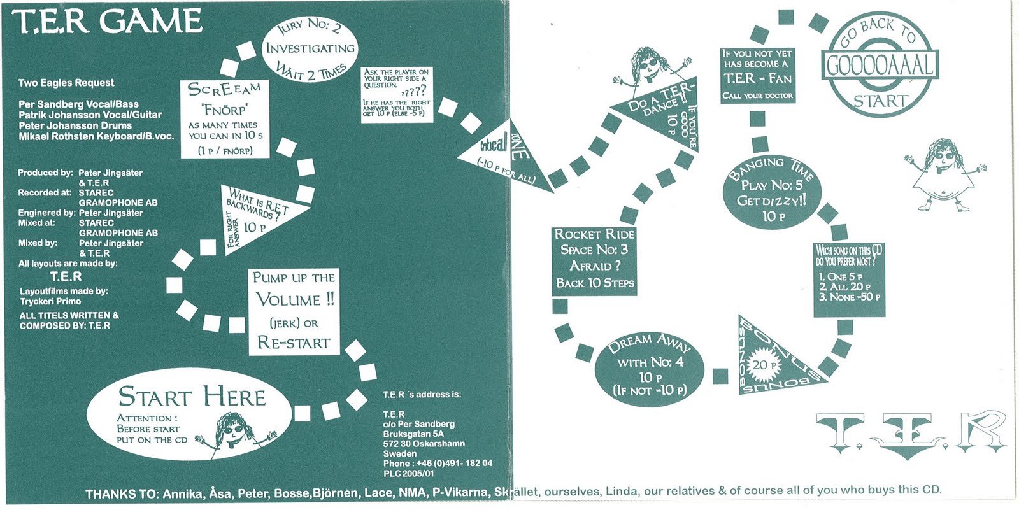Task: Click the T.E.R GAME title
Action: pyautogui.click(x=107, y=22)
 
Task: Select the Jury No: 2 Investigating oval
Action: pyautogui.click(x=310, y=49)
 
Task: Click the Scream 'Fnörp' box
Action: pyautogui.click(x=224, y=119)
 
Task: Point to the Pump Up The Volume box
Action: pyautogui.click(x=294, y=310)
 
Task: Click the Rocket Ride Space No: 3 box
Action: pyautogui.click(x=594, y=261)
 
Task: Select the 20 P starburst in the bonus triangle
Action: pyautogui.click(x=764, y=365)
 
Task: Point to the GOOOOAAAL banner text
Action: pyautogui.click(x=881, y=65)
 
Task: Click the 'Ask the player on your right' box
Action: pyautogui.click(x=397, y=94)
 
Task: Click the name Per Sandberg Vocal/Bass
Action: pyautogui.click(x=78, y=104)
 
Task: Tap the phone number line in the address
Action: pyautogui.click(x=438, y=464)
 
